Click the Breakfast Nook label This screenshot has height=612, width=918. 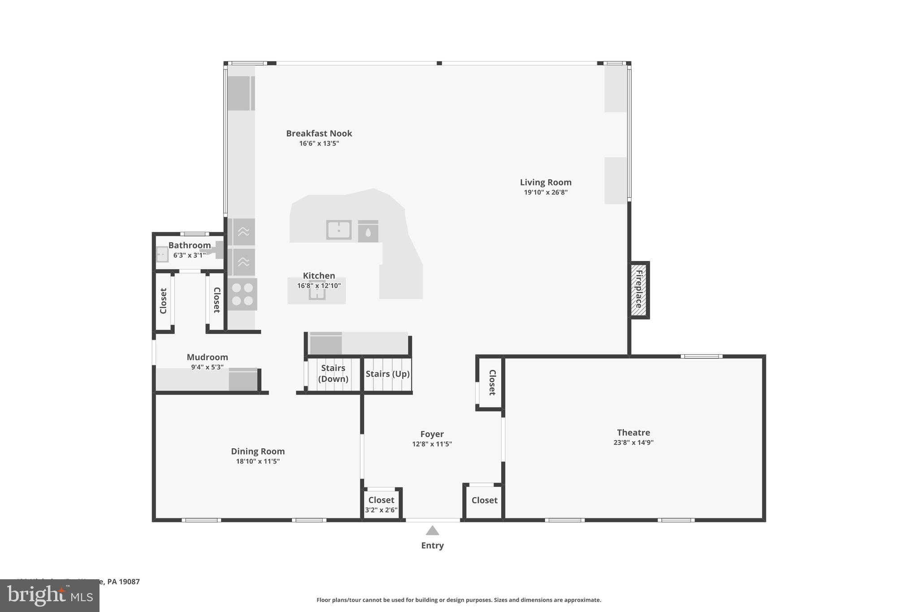point(319,133)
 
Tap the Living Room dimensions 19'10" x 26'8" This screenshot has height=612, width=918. point(546,192)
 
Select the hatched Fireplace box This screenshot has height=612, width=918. point(639,290)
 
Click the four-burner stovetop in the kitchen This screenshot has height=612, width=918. point(242,294)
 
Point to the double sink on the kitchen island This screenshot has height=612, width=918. point(338,230)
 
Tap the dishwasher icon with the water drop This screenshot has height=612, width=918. point(368,231)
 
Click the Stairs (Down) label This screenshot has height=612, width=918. point(333,373)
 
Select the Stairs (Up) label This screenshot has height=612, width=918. point(387,373)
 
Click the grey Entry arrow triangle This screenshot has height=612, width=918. point(432,531)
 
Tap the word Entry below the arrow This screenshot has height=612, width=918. point(432,546)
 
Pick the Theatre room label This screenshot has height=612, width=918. point(633,433)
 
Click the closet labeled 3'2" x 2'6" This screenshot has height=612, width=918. point(381,504)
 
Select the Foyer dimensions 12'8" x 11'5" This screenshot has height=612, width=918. point(432,444)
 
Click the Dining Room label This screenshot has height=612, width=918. point(258,451)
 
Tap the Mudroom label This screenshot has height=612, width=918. point(207,357)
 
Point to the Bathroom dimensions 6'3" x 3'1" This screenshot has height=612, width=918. point(189,256)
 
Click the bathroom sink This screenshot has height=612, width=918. point(162,254)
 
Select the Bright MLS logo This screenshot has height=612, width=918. point(50,595)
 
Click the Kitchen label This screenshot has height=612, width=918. point(319,276)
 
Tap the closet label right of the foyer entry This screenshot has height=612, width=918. point(484,500)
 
